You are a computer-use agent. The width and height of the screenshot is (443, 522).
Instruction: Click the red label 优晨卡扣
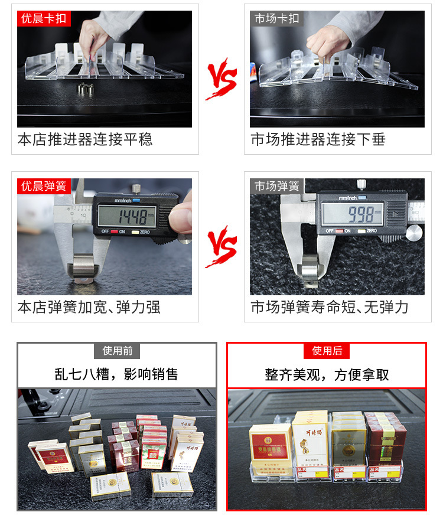[44, 18]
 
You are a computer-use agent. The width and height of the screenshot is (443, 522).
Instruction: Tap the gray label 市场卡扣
[277, 18]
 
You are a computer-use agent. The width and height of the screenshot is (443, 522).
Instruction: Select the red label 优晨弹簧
[44, 186]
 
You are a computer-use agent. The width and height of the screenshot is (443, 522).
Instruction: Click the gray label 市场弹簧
[277, 186]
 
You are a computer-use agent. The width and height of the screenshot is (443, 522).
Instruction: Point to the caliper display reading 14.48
[130, 215]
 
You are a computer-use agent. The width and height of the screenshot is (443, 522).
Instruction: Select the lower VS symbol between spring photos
[221, 246]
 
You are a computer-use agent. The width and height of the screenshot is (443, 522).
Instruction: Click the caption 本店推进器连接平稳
[85, 140]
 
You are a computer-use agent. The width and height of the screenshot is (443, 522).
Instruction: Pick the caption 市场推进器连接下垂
[318, 140]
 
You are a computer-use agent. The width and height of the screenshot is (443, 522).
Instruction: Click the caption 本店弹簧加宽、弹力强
[89, 308]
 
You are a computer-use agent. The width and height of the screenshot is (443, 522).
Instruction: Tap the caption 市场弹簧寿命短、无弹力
[330, 308]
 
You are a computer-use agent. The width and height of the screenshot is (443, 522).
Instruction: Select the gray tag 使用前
[117, 351]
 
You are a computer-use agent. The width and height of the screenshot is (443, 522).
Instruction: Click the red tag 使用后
[327, 351]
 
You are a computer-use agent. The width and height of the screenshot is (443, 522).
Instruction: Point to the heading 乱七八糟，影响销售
[116, 374]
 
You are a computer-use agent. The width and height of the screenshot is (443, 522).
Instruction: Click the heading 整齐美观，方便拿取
[327, 374]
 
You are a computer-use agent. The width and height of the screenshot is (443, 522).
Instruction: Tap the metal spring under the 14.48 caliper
[83, 264]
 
